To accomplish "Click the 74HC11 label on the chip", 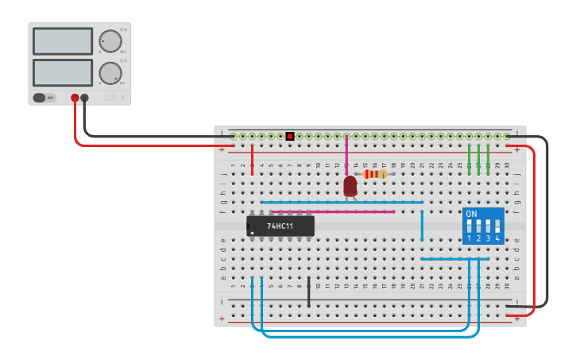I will pyautogui.click(x=280, y=226).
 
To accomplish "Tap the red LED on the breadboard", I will pyautogui.click(x=350, y=186).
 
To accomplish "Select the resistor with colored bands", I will pyautogui.click(x=375, y=174).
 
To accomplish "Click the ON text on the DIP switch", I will pyautogui.click(x=472, y=215).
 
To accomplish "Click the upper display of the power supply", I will pyautogui.click(x=63, y=41).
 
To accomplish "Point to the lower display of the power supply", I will pyautogui.click(x=63, y=72).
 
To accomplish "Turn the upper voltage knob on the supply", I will pyautogui.click(x=110, y=41).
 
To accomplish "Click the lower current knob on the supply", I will pyautogui.click(x=110, y=73).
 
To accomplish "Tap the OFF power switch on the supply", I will pyautogui.click(x=44, y=98).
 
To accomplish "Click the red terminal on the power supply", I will pyautogui.click(x=75, y=98).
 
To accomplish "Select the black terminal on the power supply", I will pyautogui.click(x=84, y=98).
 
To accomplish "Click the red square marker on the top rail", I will pyautogui.click(x=290, y=137).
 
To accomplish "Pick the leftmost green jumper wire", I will pyautogui.click(x=470, y=159).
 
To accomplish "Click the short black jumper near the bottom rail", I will pyautogui.click(x=309, y=292).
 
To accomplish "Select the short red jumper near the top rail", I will pyautogui.click(x=253, y=159).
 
